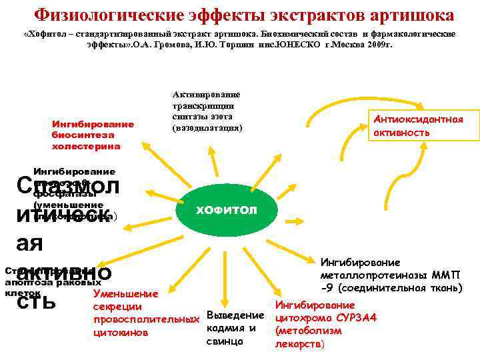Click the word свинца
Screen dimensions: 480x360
(x=225, y=341)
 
